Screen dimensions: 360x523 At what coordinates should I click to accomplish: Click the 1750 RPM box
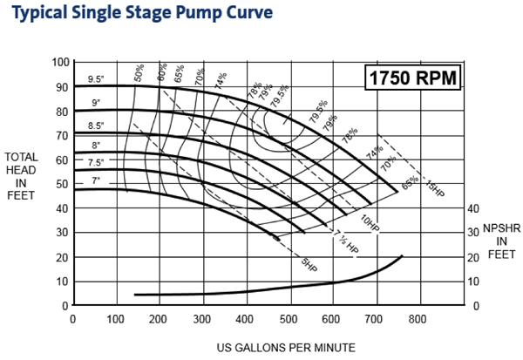411,77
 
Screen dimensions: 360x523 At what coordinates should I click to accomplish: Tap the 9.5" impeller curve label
96,80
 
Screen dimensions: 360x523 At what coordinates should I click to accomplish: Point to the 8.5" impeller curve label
95,126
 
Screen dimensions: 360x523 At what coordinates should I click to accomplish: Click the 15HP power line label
432,187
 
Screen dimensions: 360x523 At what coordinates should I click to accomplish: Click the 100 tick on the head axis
60,62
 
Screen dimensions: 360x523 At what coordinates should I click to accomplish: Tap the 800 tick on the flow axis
418,319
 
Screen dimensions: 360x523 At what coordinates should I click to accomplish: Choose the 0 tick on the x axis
72,319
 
